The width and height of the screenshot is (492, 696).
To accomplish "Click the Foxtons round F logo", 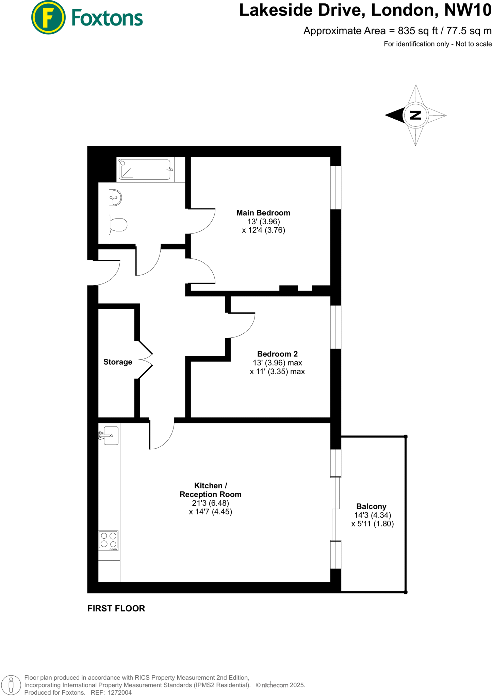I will pyautogui.click(x=48, y=17).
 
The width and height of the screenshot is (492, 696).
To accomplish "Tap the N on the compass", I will pyautogui.click(x=415, y=115).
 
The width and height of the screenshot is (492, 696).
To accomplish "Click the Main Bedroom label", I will pyautogui.click(x=263, y=213).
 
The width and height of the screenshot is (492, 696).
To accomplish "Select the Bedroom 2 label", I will pyautogui.click(x=277, y=354).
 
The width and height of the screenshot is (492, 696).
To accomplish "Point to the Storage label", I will pyautogui.click(x=118, y=362).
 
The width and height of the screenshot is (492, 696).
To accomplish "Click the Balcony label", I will pyautogui.click(x=371, y=506).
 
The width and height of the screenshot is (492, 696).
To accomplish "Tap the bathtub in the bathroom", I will pyautogui.click(x=145, y=170).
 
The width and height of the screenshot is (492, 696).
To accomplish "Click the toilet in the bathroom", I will pyautogui.click(x=118, y=225).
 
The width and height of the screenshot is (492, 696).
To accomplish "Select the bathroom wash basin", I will pyautogui.click(x=115, y=197).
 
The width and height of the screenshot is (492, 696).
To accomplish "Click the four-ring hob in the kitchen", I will pyautogui.click(x=109, y=540).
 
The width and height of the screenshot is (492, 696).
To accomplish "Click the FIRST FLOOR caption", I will pyautogui.click(x=116, y=608).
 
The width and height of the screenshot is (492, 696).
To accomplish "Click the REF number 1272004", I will pyautogui.click(x=119, y=692).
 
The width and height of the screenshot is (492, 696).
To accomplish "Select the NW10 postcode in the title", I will pyautogui.click(x=468, y=10).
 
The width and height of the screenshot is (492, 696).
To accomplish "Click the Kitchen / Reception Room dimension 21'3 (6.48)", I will pyautogui.click(x=210, y=503).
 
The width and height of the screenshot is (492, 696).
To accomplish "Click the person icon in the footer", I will pyautogui.click(x=11, y=684).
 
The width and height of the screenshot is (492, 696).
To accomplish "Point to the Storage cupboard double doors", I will pyautogui.click(x=146, y=360).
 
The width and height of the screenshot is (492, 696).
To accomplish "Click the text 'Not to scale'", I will pyautogui.click(x=474, y=44).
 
